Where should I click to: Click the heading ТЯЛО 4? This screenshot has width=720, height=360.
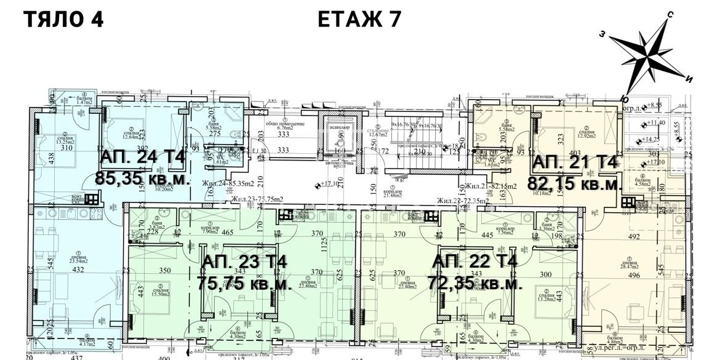(x=63, y=19)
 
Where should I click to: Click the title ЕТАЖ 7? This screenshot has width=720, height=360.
(x=360, y=19)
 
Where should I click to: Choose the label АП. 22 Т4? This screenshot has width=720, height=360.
(x=474, y=262)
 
